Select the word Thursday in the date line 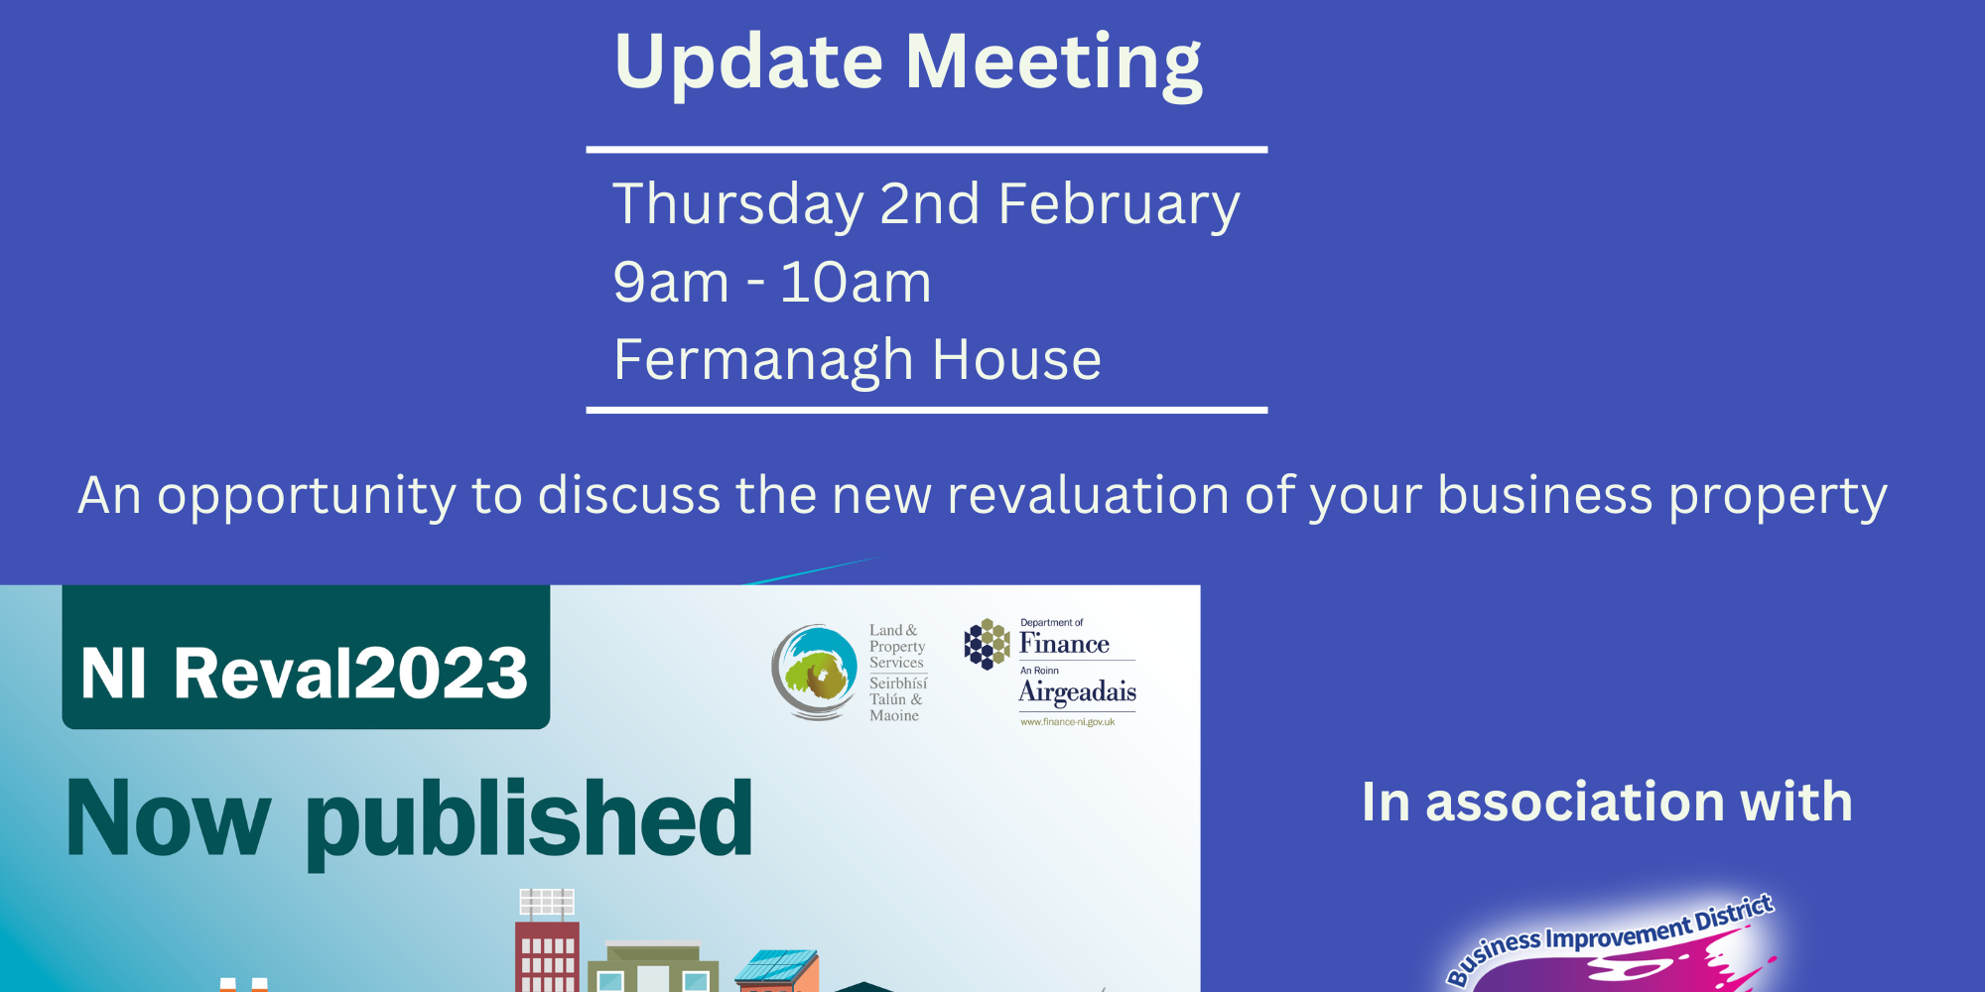click(x=737, y=205)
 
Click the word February click(x=1119, y=205)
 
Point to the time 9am click(x=671, y=283)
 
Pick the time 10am click(x=856, y=283)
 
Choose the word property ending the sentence click(x=1777, y=497)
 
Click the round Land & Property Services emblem click(x=815, y=672)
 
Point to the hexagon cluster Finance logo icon click(x=987, y=644)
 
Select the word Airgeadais click(x=1077, y=691)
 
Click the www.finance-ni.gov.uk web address click(x=1068, y=722)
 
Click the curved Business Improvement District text click(x=1609, y=937)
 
